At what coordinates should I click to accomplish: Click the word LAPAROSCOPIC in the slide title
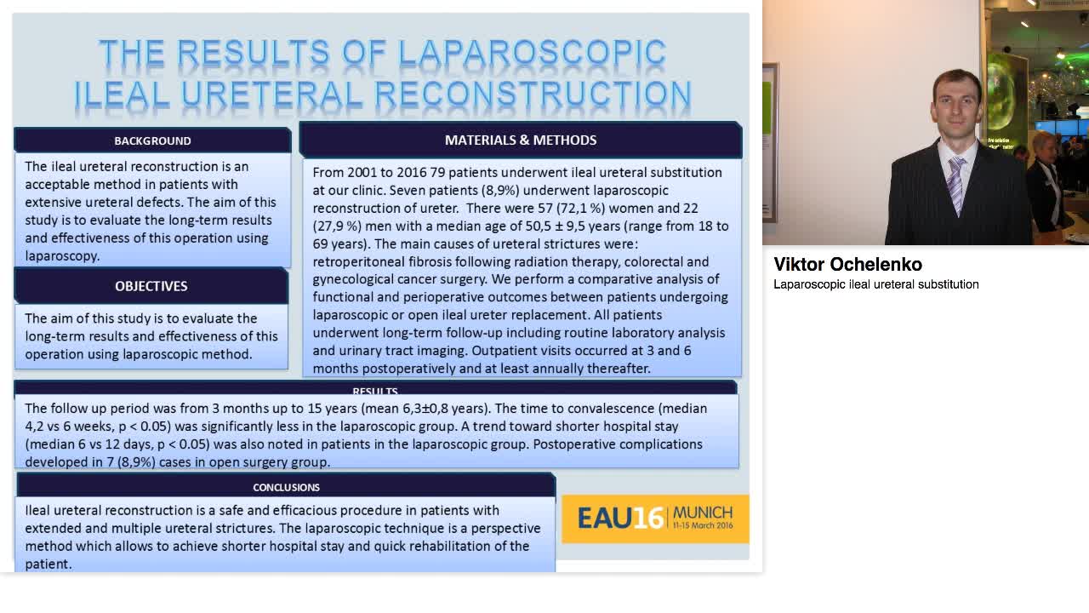click(532, 53)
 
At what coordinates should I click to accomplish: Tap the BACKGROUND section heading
click(152, 140)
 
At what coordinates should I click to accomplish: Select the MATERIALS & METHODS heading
click(521, 140)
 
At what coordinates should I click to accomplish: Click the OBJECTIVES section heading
click(151, 286)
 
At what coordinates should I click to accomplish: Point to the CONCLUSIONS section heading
click(286, 487)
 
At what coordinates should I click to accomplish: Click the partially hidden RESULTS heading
click(375, 391)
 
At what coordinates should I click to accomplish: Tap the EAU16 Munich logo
click(655, 518)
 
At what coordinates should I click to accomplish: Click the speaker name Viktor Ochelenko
click(847, 264)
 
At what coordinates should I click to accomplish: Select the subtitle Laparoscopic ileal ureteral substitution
click(875, 284)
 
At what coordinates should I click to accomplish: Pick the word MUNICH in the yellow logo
click(702, 512)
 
